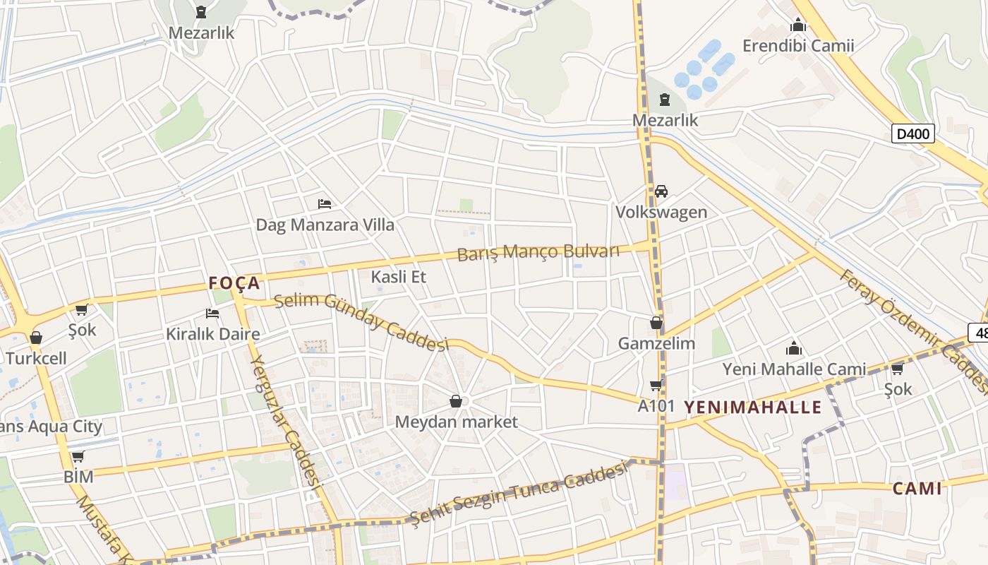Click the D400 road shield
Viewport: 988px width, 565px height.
912,133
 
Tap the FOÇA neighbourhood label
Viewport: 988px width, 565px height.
234,283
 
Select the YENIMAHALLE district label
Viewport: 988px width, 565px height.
753,407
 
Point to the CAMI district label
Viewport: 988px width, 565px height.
917,489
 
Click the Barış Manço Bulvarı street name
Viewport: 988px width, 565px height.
538,252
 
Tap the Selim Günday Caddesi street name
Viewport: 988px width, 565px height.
361,322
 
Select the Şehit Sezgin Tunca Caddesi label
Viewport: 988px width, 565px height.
519,492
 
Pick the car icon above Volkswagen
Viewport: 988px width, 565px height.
661,191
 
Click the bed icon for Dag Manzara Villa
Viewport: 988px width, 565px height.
325,204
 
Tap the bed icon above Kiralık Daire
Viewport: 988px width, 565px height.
212,313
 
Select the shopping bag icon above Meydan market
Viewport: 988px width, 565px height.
456,401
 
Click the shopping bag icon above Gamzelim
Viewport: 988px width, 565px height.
656,323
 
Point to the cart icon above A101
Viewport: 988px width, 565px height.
656,385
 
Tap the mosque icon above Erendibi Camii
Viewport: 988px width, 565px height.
798,25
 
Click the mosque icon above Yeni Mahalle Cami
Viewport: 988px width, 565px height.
794,348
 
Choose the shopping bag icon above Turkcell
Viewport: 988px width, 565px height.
36,338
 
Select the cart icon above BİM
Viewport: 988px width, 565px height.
78,456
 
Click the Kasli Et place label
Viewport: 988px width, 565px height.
399,276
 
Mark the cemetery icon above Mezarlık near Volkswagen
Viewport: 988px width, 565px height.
664,100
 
